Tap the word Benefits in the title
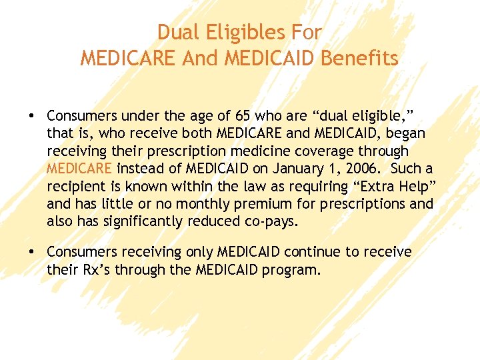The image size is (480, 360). click(360, 59)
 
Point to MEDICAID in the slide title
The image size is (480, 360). click(270, 59)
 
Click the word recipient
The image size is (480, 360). click(74, 186)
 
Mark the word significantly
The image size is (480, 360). click(148, 221)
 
